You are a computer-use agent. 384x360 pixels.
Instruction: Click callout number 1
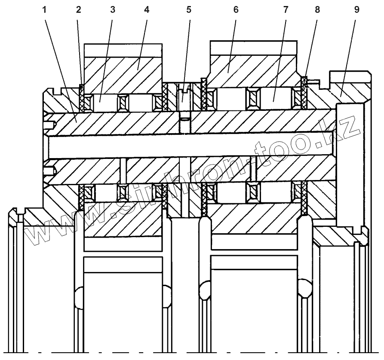(45, 10)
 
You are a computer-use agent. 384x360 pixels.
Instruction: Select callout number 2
(78, 10)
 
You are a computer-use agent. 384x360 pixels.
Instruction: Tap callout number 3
(112, 10)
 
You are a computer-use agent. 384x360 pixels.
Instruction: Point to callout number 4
(147, 10)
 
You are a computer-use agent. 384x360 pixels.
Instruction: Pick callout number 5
(189, 10)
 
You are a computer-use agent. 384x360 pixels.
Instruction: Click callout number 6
(236, 10)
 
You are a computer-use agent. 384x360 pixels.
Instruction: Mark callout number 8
(317, 10)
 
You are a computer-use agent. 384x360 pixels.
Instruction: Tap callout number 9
(356, 10)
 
